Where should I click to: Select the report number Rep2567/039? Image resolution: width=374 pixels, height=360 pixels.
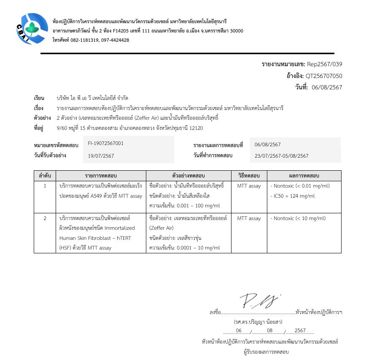point(324,64)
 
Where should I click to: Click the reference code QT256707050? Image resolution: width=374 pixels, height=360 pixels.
point(324,76)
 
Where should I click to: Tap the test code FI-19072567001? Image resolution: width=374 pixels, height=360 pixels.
point(106,143)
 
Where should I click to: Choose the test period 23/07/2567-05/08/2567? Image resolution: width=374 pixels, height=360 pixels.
point(282,156)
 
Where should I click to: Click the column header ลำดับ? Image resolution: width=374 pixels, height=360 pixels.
point(45,175)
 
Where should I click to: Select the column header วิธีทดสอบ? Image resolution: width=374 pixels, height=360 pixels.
point(249,175)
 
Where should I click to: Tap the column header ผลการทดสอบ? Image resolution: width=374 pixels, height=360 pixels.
point(304,175)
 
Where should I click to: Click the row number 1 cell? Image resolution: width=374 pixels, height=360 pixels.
point(45,186)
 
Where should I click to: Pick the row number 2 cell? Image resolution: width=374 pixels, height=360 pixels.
point(45,218)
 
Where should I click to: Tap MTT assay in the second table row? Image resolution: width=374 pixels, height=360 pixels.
point(249,218)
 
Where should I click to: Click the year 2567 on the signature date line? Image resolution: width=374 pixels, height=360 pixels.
point(300,330)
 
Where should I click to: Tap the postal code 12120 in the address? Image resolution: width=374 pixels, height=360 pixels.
point(196,128)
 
